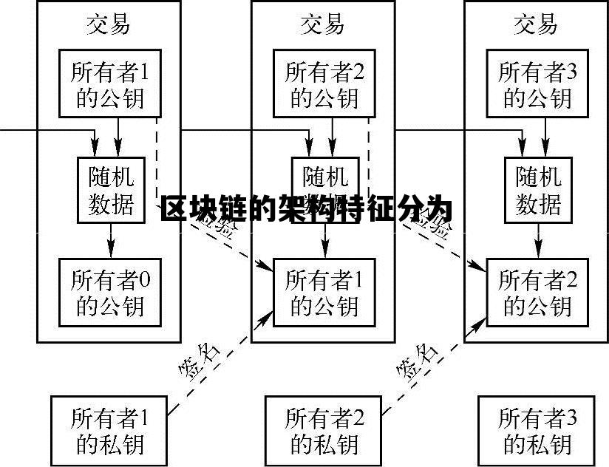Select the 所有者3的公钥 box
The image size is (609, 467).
(537, 84)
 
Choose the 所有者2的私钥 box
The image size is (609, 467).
(324, 430)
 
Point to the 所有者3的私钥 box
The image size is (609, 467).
(537, 430)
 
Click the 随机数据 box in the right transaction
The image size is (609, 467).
(538, 189)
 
